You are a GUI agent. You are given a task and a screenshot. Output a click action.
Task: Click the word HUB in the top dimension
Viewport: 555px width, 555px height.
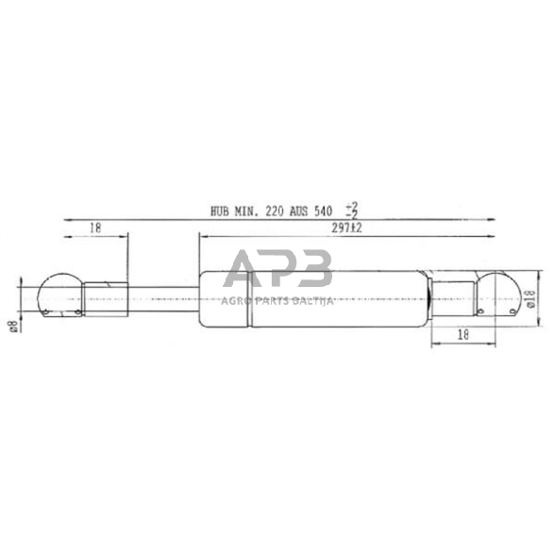coord(221,211)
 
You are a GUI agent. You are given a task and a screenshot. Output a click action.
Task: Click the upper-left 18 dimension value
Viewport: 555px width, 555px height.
coord(95,227)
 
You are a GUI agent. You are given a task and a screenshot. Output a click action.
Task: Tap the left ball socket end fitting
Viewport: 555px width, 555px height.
coord(59,294)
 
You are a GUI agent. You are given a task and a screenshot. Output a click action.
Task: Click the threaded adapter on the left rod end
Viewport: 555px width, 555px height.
coord(104,294)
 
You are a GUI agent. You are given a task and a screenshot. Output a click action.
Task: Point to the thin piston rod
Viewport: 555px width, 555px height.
coord(160,295)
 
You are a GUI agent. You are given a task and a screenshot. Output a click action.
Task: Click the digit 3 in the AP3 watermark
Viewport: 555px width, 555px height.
coord(313,269)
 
